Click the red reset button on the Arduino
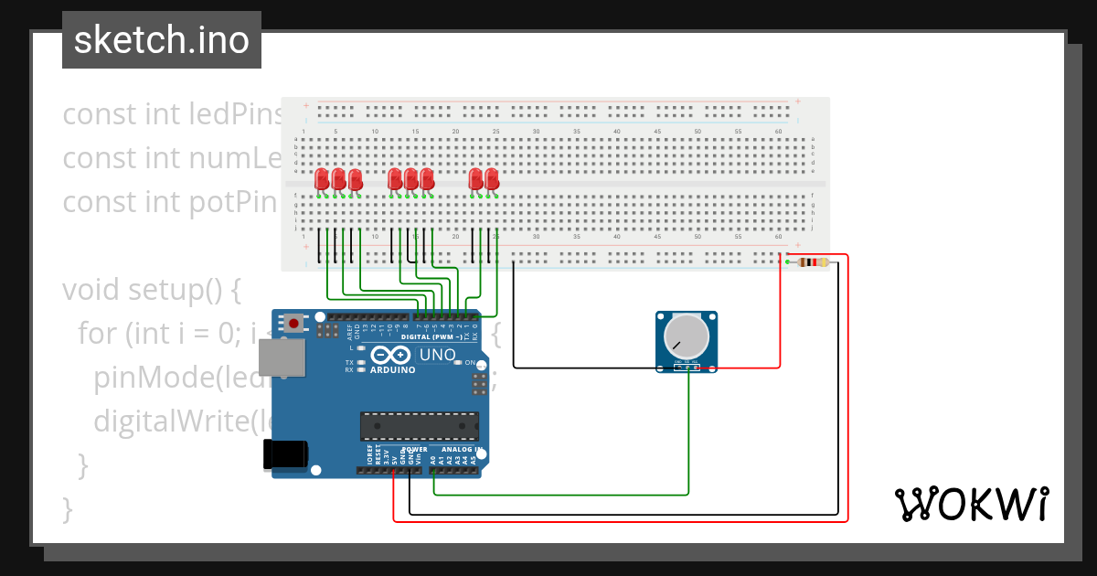click(293, 324)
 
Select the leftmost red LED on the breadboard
click(321, 179)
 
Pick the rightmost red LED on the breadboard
click(493, 179)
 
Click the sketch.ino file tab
click(162, 40)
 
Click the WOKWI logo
click(971, 504)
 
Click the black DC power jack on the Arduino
click(284, 454)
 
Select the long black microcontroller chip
click(419, 426)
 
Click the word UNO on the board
click(436, 355)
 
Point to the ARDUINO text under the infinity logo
click(392, 370)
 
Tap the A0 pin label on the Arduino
click(433, 461)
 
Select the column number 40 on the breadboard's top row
click(617, 133)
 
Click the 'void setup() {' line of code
click(151, 290)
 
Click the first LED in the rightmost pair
click(475, 179)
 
